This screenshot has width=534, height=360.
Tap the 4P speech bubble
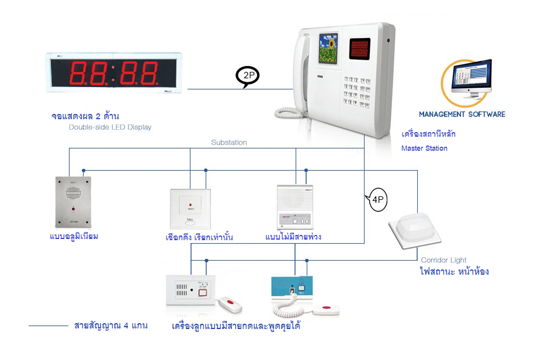point(377,200)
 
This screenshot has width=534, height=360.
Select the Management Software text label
point(462,114)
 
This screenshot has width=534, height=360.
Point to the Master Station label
point(424,148)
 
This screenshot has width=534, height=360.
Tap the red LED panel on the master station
point(362,48)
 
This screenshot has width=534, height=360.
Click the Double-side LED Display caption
point(110,127)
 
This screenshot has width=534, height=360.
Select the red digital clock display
point(115,73)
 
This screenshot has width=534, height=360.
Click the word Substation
point(229,143)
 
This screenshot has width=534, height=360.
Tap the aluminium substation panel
point(73,202)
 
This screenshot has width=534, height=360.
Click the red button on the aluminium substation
point(73,209)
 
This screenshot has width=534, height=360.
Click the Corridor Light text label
point(443,261)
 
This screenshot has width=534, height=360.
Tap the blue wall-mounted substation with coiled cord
point(296,289)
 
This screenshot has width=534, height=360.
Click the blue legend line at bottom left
point(48,326)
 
